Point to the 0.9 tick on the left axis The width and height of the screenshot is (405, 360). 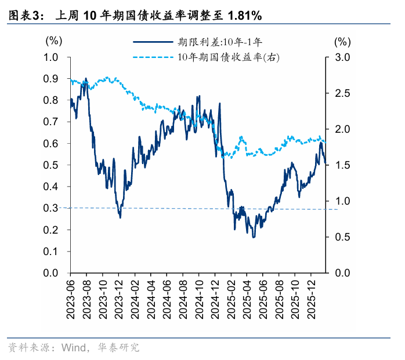pyautogui.click(x=50, y=79)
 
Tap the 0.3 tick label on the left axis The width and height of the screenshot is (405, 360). pyautogui.click(x=50, y=208)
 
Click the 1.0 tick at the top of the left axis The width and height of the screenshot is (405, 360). pyautogui.click(x=50, y=57)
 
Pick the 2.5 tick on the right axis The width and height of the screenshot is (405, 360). pyautogui.click(x=342, y=93)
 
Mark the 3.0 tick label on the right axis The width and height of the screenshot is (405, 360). pyautogui.click(x=342, y=57)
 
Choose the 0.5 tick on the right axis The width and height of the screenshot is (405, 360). pyautogui.click(x=342, y=237)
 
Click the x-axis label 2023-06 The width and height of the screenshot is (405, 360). pyautogui.click(x=71, y=299)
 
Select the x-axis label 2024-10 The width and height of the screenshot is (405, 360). pyautogui.click(x=199, y=299)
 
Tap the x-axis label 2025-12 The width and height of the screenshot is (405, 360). pyautogui.click(x=311, y=299)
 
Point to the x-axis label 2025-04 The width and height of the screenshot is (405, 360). pyautogui.click(x=247, y=299)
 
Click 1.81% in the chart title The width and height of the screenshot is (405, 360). pyautogui.click(x=245, y=16)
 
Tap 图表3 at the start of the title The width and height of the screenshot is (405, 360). pyautogui.click(x=23, y=16)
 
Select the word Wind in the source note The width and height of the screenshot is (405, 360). pyautogui.click(x=74, y=348)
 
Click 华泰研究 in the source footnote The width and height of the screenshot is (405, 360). pyautogui.click(x=118, y=348)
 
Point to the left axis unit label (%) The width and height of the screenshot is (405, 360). pyautogui.click(x=54, y=41)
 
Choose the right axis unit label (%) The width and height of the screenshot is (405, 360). pyautogui.click(x=342, y=42)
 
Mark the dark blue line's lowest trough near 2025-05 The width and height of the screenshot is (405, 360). pyautogui.click(x=254, y=237)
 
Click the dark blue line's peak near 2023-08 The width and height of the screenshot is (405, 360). pyautogui.click(x=86, y=78)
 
